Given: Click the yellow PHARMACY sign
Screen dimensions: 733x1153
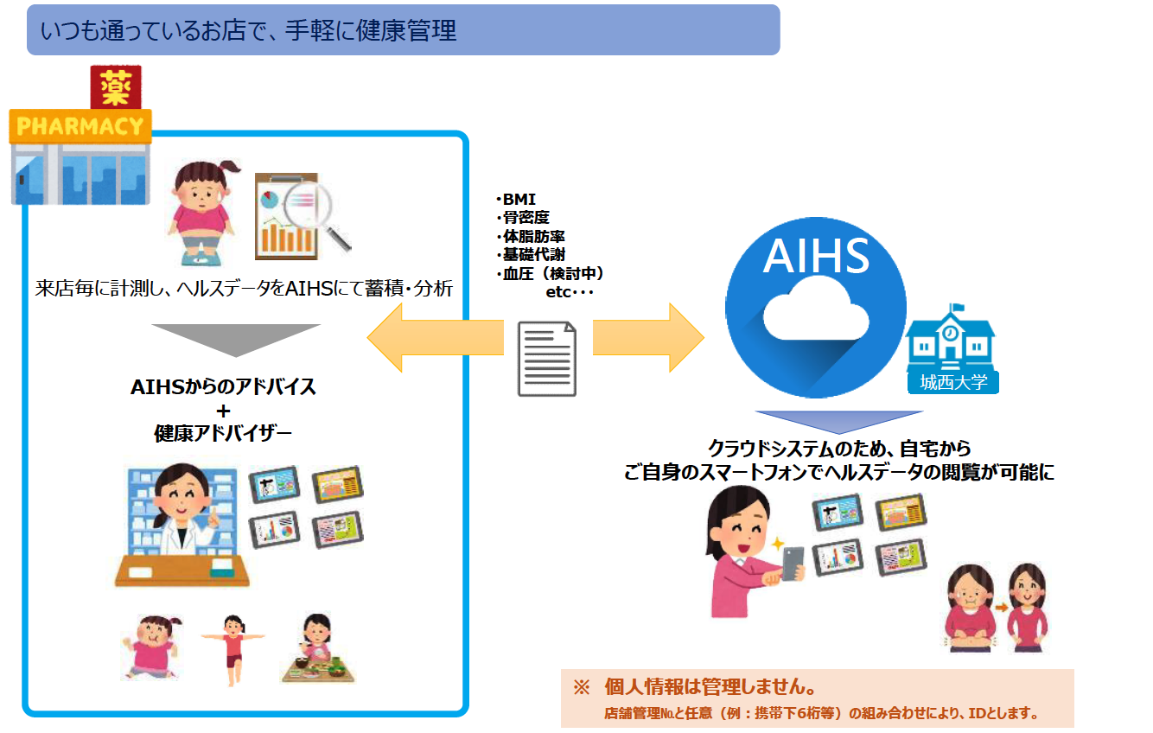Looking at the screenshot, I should tap(80, 126).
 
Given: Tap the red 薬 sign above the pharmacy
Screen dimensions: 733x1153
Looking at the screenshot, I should tap(116, 87).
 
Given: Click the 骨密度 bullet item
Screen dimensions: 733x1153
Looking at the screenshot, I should tap(525, 218).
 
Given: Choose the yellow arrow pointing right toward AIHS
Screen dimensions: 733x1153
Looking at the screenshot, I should tap(648, 335).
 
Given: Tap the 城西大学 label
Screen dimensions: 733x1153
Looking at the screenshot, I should tap(954, 381).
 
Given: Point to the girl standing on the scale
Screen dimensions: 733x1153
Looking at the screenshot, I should tap(201, 212).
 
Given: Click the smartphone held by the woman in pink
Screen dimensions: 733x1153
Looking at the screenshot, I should tap(793, 562).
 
